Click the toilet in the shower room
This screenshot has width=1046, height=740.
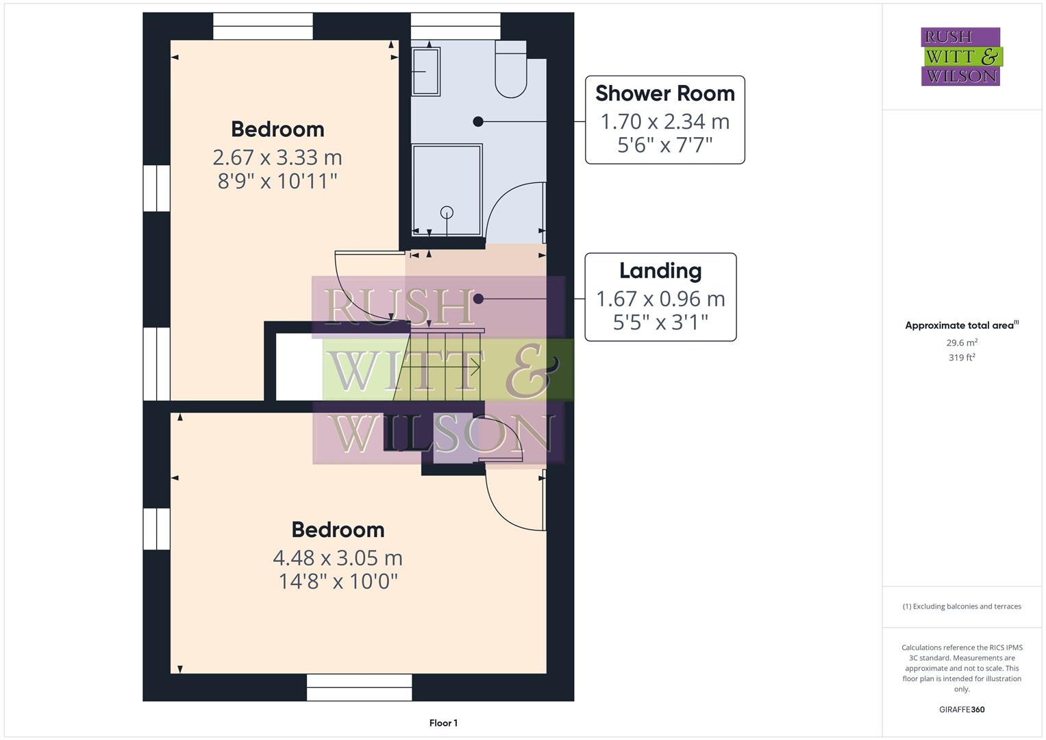[x=510, y=70]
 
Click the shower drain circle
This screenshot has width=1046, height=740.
[x=447, y=212]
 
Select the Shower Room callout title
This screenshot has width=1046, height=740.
[x=664, y=93]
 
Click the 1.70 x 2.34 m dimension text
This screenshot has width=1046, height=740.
[x=664, y=122]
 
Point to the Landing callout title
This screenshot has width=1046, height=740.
[x=660, y=271]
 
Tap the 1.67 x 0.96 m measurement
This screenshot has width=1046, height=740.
[x=660, y=299]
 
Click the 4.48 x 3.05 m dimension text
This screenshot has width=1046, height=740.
[x=338, y=558]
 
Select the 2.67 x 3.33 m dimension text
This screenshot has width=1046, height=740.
[x=277, y=158]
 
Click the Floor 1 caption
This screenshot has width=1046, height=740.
[x=443, y=723]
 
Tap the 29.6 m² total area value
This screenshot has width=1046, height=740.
[x=962, y=343]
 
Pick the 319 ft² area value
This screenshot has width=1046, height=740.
[x=962, y=357]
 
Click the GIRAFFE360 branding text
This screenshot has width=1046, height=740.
[x=962, y=709]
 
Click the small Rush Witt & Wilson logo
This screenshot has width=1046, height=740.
[x=960, y=56]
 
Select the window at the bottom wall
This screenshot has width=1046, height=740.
[x=359, y=687]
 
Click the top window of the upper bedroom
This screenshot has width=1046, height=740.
[x=263, y=26]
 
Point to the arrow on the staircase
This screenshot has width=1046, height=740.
[x=473, y=368]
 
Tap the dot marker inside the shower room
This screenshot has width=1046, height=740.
[x=478, y=121]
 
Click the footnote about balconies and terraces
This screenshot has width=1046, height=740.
[x=962, y=606]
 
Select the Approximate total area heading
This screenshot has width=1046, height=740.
[x=961, y=325]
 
